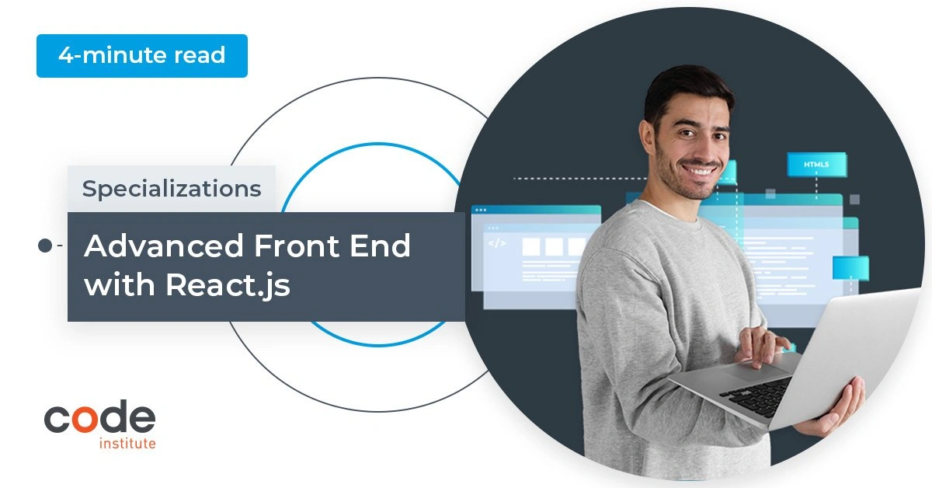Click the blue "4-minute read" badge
(142, 56)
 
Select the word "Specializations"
(172, 189)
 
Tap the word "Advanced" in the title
(164, 246)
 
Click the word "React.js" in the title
(228, 286)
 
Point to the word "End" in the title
(380, 246)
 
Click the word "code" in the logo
(100, 417)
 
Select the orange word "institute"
(127, 443)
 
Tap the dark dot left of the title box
(45, 246)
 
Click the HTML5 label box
(817, 165)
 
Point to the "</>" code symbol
(497, 243)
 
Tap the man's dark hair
(687, 92)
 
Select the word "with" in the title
(120, 285)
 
